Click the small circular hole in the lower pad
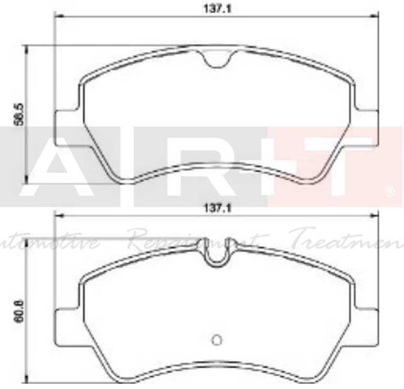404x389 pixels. tap(218, 338)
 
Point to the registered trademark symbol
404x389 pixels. tap(390, 192)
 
